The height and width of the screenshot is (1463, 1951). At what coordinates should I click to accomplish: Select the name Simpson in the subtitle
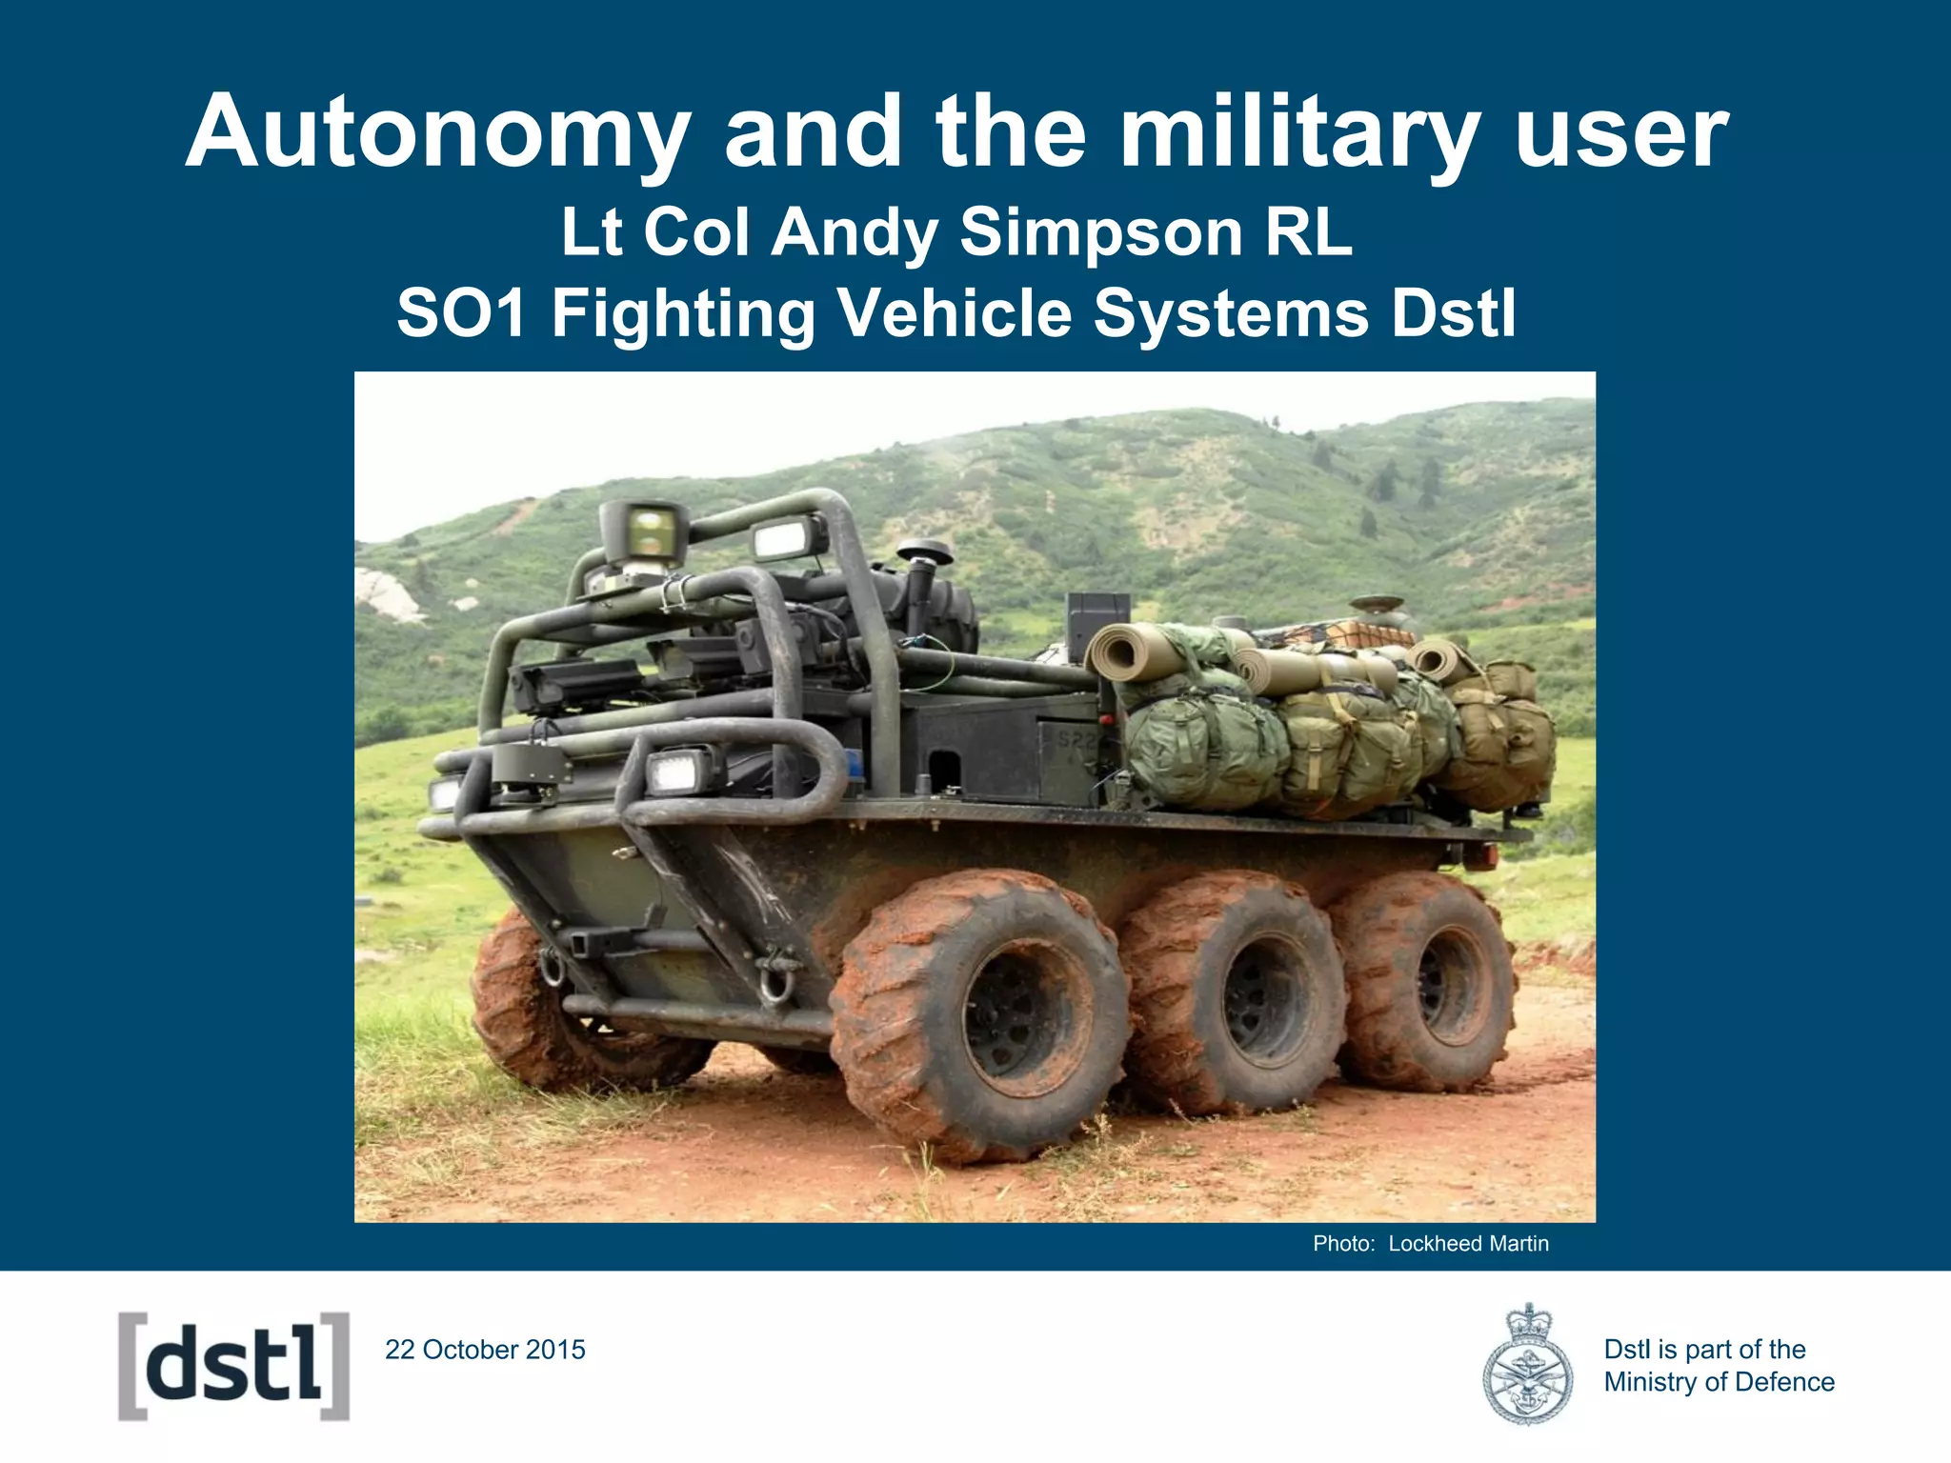point(1103,232)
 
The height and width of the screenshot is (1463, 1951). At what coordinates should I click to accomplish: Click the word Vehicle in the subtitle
point(955,314)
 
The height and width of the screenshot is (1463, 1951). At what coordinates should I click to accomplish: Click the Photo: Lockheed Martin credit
point(1430,1244)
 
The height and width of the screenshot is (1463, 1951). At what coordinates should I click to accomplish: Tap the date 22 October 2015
point(485,1350)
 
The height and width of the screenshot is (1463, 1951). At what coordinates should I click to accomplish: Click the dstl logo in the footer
point(233,1367)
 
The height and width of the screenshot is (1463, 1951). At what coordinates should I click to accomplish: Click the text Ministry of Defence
point(1719,1382)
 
